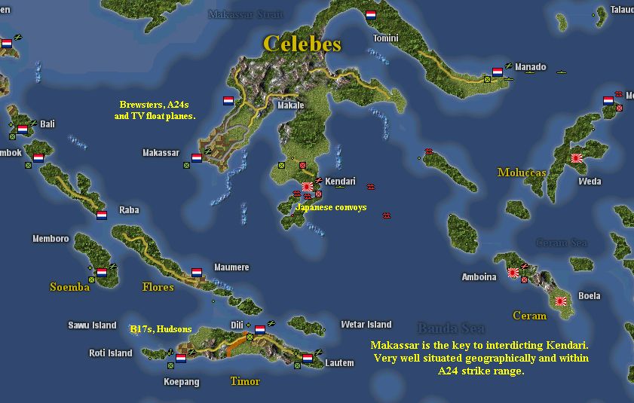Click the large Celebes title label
302,44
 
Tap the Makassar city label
161,153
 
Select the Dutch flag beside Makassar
196,158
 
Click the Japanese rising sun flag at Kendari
307,187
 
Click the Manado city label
530,67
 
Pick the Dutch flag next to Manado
497,72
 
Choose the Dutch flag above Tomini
370,15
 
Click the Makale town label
290,105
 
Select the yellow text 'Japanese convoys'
331,207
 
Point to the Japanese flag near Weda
577,158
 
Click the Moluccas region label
522,172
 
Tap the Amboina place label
479,277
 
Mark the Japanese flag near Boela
561,301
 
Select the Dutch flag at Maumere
196,272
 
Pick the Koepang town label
182,382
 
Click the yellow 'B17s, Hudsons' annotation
161,328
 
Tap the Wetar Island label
366,325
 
